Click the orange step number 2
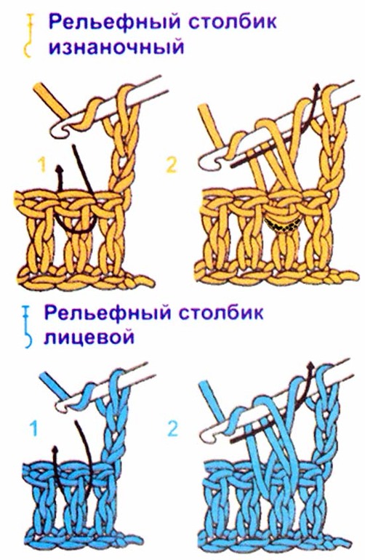click(x=171, y=166)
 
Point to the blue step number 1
click(x=33, y=429)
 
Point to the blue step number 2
click(x=172, y=429)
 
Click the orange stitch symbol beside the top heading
click(x=29, y=34)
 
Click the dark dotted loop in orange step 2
click(x=281, y=224)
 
